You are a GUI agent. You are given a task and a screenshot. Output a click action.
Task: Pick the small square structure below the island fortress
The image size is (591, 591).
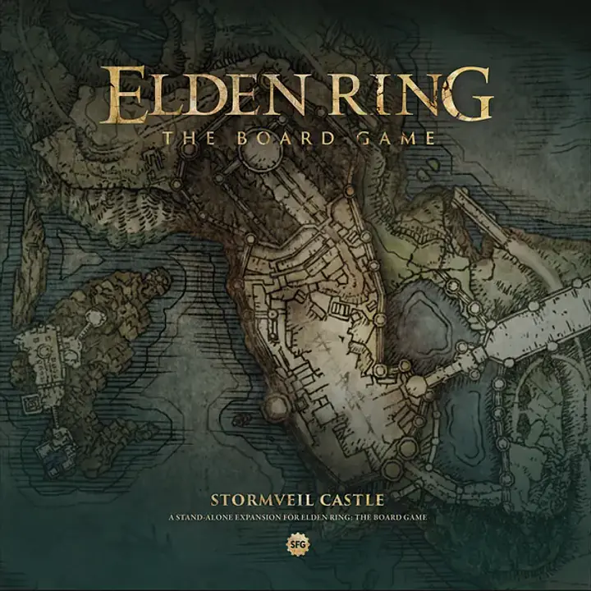pos(33,401)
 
